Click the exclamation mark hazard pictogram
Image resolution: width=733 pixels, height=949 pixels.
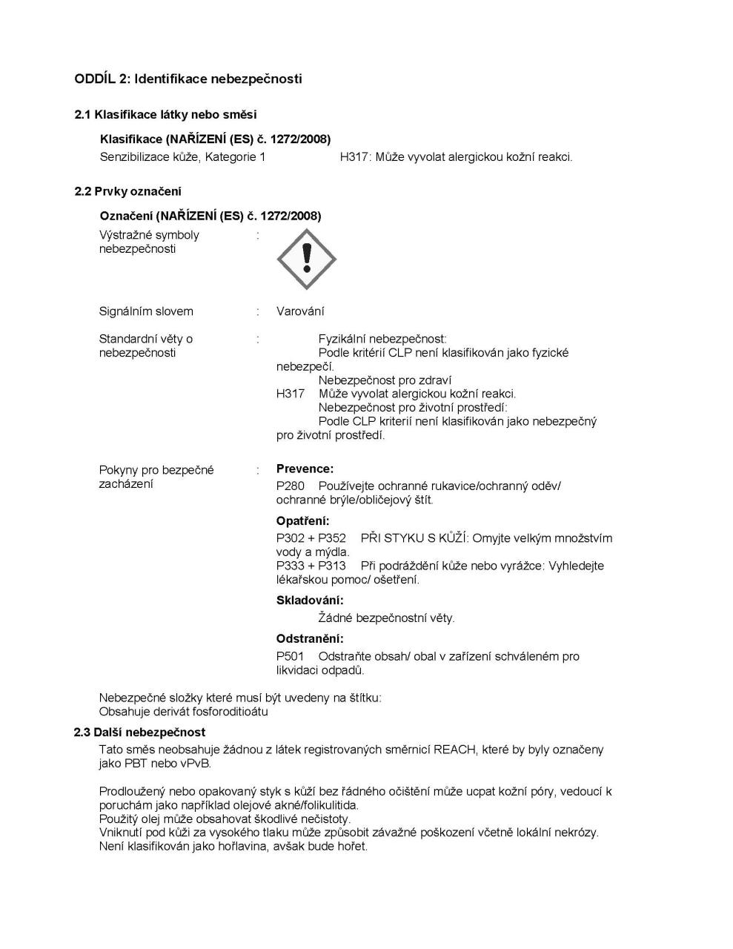coord(306,259)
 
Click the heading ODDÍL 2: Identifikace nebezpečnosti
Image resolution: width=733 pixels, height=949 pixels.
coord(188,79)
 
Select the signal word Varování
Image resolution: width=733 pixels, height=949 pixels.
coord(300,311)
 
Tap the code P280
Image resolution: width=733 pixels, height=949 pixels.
coord(291,486)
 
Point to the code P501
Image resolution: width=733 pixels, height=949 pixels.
coord(291,657)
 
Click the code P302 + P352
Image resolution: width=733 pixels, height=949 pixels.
coord(311,538)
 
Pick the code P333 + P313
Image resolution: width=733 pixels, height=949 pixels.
coord(311,566)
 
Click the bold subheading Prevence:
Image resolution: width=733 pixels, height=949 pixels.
coord(305,469)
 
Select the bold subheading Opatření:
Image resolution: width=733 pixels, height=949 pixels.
coord(303,520)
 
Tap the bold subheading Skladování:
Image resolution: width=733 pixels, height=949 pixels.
coord(310,600)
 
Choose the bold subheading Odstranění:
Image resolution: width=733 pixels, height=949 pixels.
coord(310,638)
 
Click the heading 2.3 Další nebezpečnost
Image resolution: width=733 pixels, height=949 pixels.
coord(139,733)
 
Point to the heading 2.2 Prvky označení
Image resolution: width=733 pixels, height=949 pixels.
coord(127,191)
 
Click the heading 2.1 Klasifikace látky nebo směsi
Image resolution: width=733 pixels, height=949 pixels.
coord(165,114)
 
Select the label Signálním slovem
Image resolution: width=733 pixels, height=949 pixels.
coord(146,311)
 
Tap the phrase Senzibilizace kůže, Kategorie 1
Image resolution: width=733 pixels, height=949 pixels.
coord(182,157)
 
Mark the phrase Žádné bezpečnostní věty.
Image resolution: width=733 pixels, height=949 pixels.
coord(386,618)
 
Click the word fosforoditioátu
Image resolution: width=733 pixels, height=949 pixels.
coord(230,712)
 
